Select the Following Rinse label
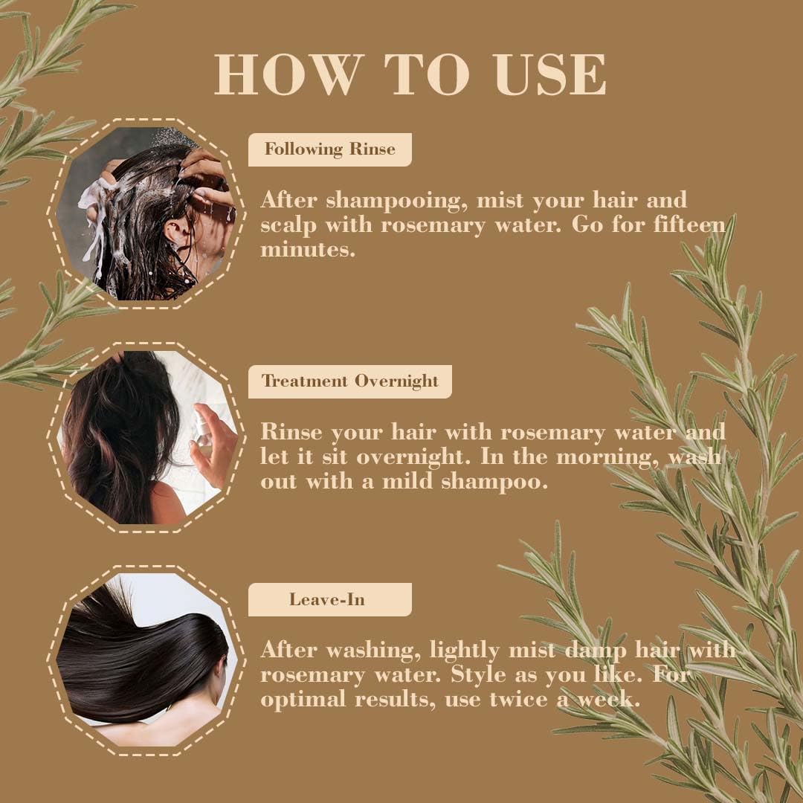[329, 149]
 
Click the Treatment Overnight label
[349, 381]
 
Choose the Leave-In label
[327, 599]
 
